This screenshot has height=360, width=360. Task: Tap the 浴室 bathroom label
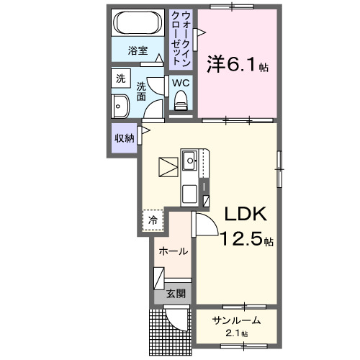click(138, 50)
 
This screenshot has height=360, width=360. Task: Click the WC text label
click(180, 82)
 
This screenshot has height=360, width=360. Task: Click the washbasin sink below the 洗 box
click(119, 106)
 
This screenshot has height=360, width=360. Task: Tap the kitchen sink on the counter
click(191, 161)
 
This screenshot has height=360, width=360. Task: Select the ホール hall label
click(173, 251)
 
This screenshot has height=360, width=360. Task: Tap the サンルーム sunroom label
click(235, 320)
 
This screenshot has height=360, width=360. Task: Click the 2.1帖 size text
click(235, 334)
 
